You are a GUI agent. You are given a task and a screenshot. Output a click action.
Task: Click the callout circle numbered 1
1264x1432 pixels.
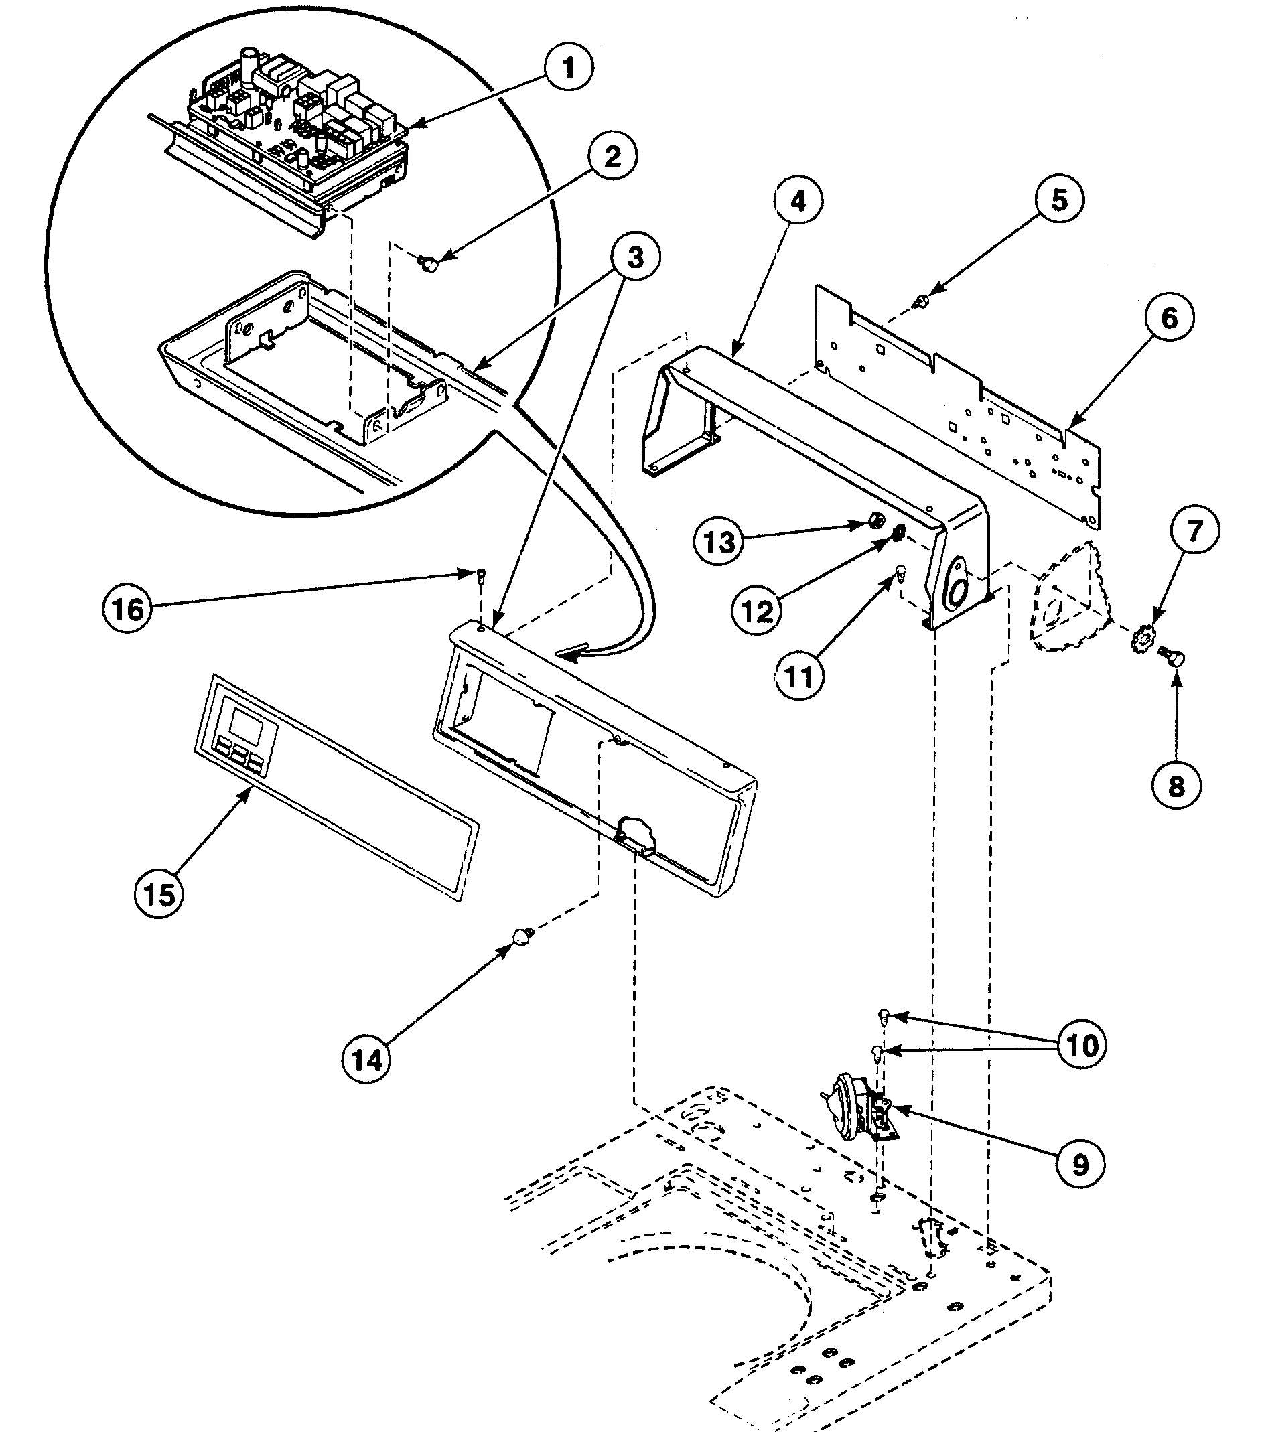(x=568, y=69)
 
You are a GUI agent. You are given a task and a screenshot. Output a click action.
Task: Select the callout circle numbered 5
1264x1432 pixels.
(x=1059, y=199)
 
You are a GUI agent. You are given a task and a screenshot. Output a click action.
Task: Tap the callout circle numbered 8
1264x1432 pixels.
(x=1176, y=786)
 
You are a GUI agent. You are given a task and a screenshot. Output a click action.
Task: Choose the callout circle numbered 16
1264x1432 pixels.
(x=127, y=609)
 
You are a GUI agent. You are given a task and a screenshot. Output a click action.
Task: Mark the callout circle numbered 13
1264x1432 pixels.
(x=719, y=542)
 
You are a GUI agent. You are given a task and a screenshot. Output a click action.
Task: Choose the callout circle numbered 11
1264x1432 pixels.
(x=798, y=676)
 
